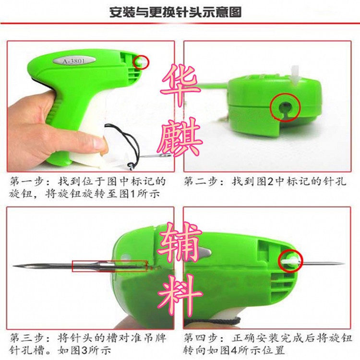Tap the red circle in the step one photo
(x=142, y=62)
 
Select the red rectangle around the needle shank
(x=109, y=266)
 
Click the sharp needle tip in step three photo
(x=17, y=265)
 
